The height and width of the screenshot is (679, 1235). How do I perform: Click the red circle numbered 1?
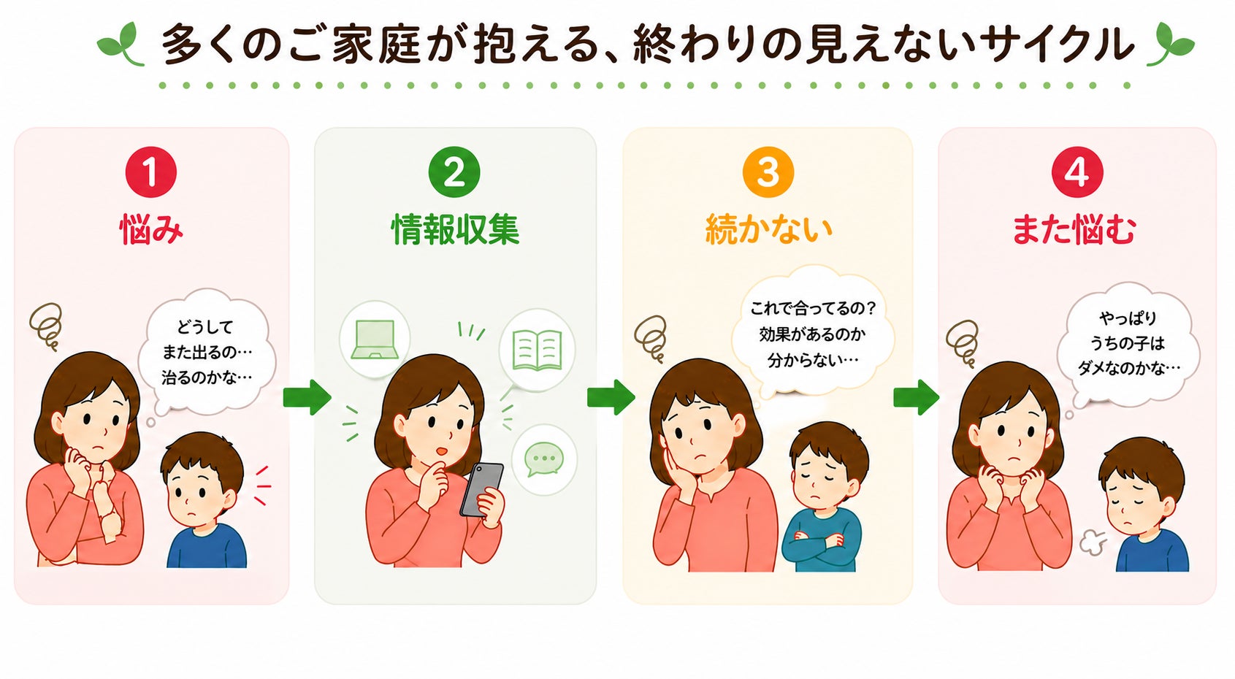click(150, 172)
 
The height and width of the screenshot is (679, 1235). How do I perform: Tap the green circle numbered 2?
click(454, 172)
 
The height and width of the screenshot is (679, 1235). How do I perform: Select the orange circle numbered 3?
click(768, 172)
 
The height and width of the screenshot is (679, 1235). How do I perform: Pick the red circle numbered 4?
click(1077, 172)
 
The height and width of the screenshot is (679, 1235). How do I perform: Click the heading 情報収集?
click(456, 230)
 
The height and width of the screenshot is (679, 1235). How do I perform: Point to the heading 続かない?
click(768, 230)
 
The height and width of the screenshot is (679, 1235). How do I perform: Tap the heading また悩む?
click(1074, 230)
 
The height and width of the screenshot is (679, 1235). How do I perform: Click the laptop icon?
click(375, 339)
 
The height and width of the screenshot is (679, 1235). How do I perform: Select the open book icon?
click(537, 350)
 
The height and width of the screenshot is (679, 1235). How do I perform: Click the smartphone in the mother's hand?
click(481, 489)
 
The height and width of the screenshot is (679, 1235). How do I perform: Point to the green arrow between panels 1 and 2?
click(307, 397)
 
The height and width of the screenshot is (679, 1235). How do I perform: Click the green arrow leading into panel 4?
click(917, 397)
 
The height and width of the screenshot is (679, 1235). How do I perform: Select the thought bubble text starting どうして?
click(207, 352)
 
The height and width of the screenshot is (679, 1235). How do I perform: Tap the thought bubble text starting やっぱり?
click(1128, 343)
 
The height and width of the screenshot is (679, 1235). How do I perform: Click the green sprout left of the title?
click(122, 44)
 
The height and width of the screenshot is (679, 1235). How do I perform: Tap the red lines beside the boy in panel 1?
click(262, 486)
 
